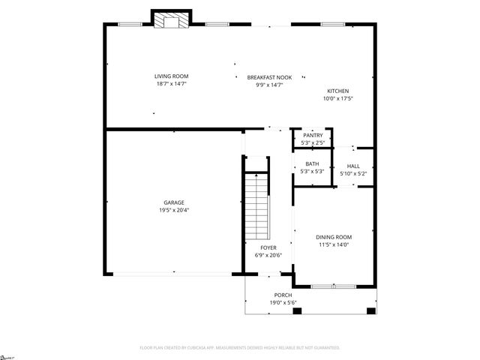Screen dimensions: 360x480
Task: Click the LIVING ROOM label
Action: tap(171, 76)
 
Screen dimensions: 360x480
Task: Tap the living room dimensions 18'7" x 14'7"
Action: tap(171, 84)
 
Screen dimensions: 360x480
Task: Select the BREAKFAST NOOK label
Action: tap(269, 77)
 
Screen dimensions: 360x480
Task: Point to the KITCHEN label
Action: tap(337, 91)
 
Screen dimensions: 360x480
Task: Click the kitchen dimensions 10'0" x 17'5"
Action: tap(337, 98)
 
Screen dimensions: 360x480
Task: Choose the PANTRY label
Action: tap(313, 135)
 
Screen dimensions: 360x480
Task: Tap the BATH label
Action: tap(312, 163)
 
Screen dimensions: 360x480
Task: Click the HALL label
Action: tap(352, 166)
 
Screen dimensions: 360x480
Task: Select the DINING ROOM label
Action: tap(333, 237)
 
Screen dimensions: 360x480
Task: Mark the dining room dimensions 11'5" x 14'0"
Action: tap(333, 244)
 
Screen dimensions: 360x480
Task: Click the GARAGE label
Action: tap(174, 202)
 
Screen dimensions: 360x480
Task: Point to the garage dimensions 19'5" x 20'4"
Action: tap(174, 210)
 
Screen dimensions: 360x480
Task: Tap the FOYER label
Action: tap(268, 247)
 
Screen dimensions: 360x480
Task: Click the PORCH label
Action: tap(283, 295)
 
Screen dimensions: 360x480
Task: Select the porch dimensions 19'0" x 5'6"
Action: tap(283, 302)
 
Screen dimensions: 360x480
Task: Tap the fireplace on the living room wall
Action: tap(169, 20)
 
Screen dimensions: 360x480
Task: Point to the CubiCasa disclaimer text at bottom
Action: tap(240, 348)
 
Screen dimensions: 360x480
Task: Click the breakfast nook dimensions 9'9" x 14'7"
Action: tap(269, 85)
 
